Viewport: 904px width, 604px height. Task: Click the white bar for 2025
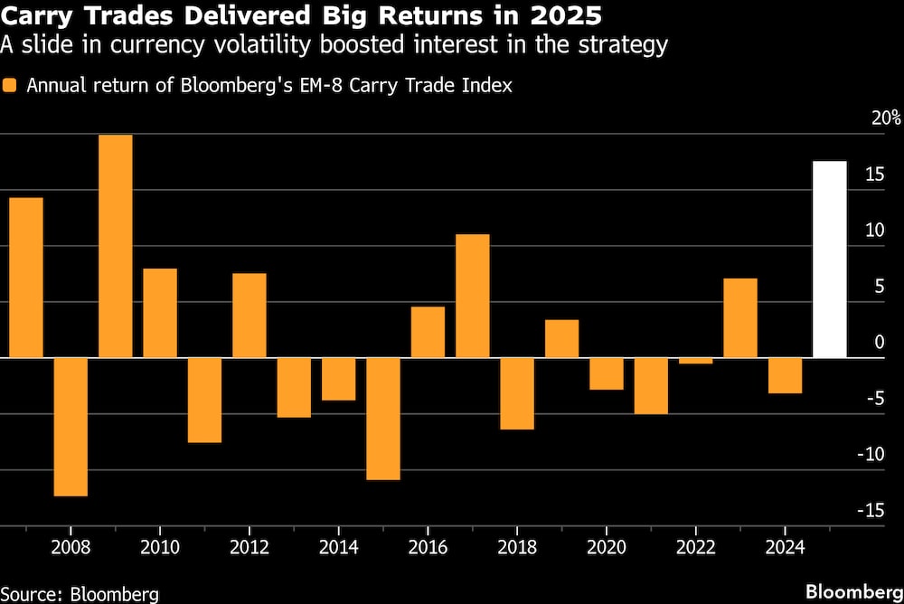click(x=830, y=260)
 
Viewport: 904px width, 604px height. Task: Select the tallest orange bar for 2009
click(x=115, y=246)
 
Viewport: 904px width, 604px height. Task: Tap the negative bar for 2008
click(x=71, y=427)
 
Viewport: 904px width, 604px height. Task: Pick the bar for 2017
click(x=472, y=296)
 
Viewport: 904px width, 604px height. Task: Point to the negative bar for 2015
click(x=383, y=419)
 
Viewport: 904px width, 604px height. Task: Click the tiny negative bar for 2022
click(x=695, y=361)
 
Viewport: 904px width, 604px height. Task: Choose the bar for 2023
click(x=740, y=317)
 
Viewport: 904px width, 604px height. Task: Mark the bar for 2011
click(x=204, y=400)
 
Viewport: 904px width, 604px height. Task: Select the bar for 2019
click(x=561, y=338)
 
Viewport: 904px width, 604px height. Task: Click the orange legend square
click(x=11, y=86)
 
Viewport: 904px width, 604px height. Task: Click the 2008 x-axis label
click(x=71, y=548)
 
